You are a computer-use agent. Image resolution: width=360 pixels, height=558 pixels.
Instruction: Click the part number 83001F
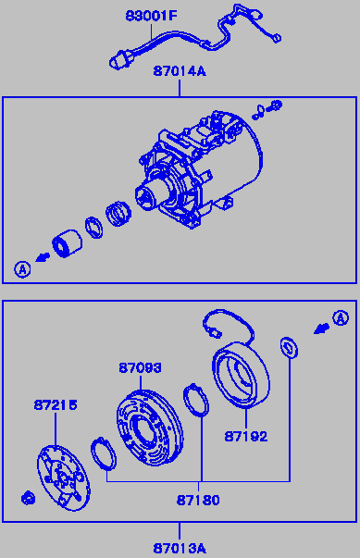[151, 16]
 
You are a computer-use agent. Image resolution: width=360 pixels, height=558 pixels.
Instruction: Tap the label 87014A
[180, 71]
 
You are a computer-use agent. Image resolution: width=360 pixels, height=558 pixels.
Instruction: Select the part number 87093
[140, 368]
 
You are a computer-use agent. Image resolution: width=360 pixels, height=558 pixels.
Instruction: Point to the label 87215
[56, 405]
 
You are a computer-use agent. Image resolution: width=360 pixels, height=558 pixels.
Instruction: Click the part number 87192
[246, 437]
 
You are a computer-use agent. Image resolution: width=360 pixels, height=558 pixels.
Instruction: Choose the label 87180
[198, 501]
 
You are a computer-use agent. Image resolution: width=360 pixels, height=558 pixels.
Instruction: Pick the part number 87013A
[180, 548]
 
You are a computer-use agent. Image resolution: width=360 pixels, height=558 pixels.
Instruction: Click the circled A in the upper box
[22, 269]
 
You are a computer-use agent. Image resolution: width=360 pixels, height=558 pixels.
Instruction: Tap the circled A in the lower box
[341, 318]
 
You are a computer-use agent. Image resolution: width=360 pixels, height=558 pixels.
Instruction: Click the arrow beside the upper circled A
[43, 257]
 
